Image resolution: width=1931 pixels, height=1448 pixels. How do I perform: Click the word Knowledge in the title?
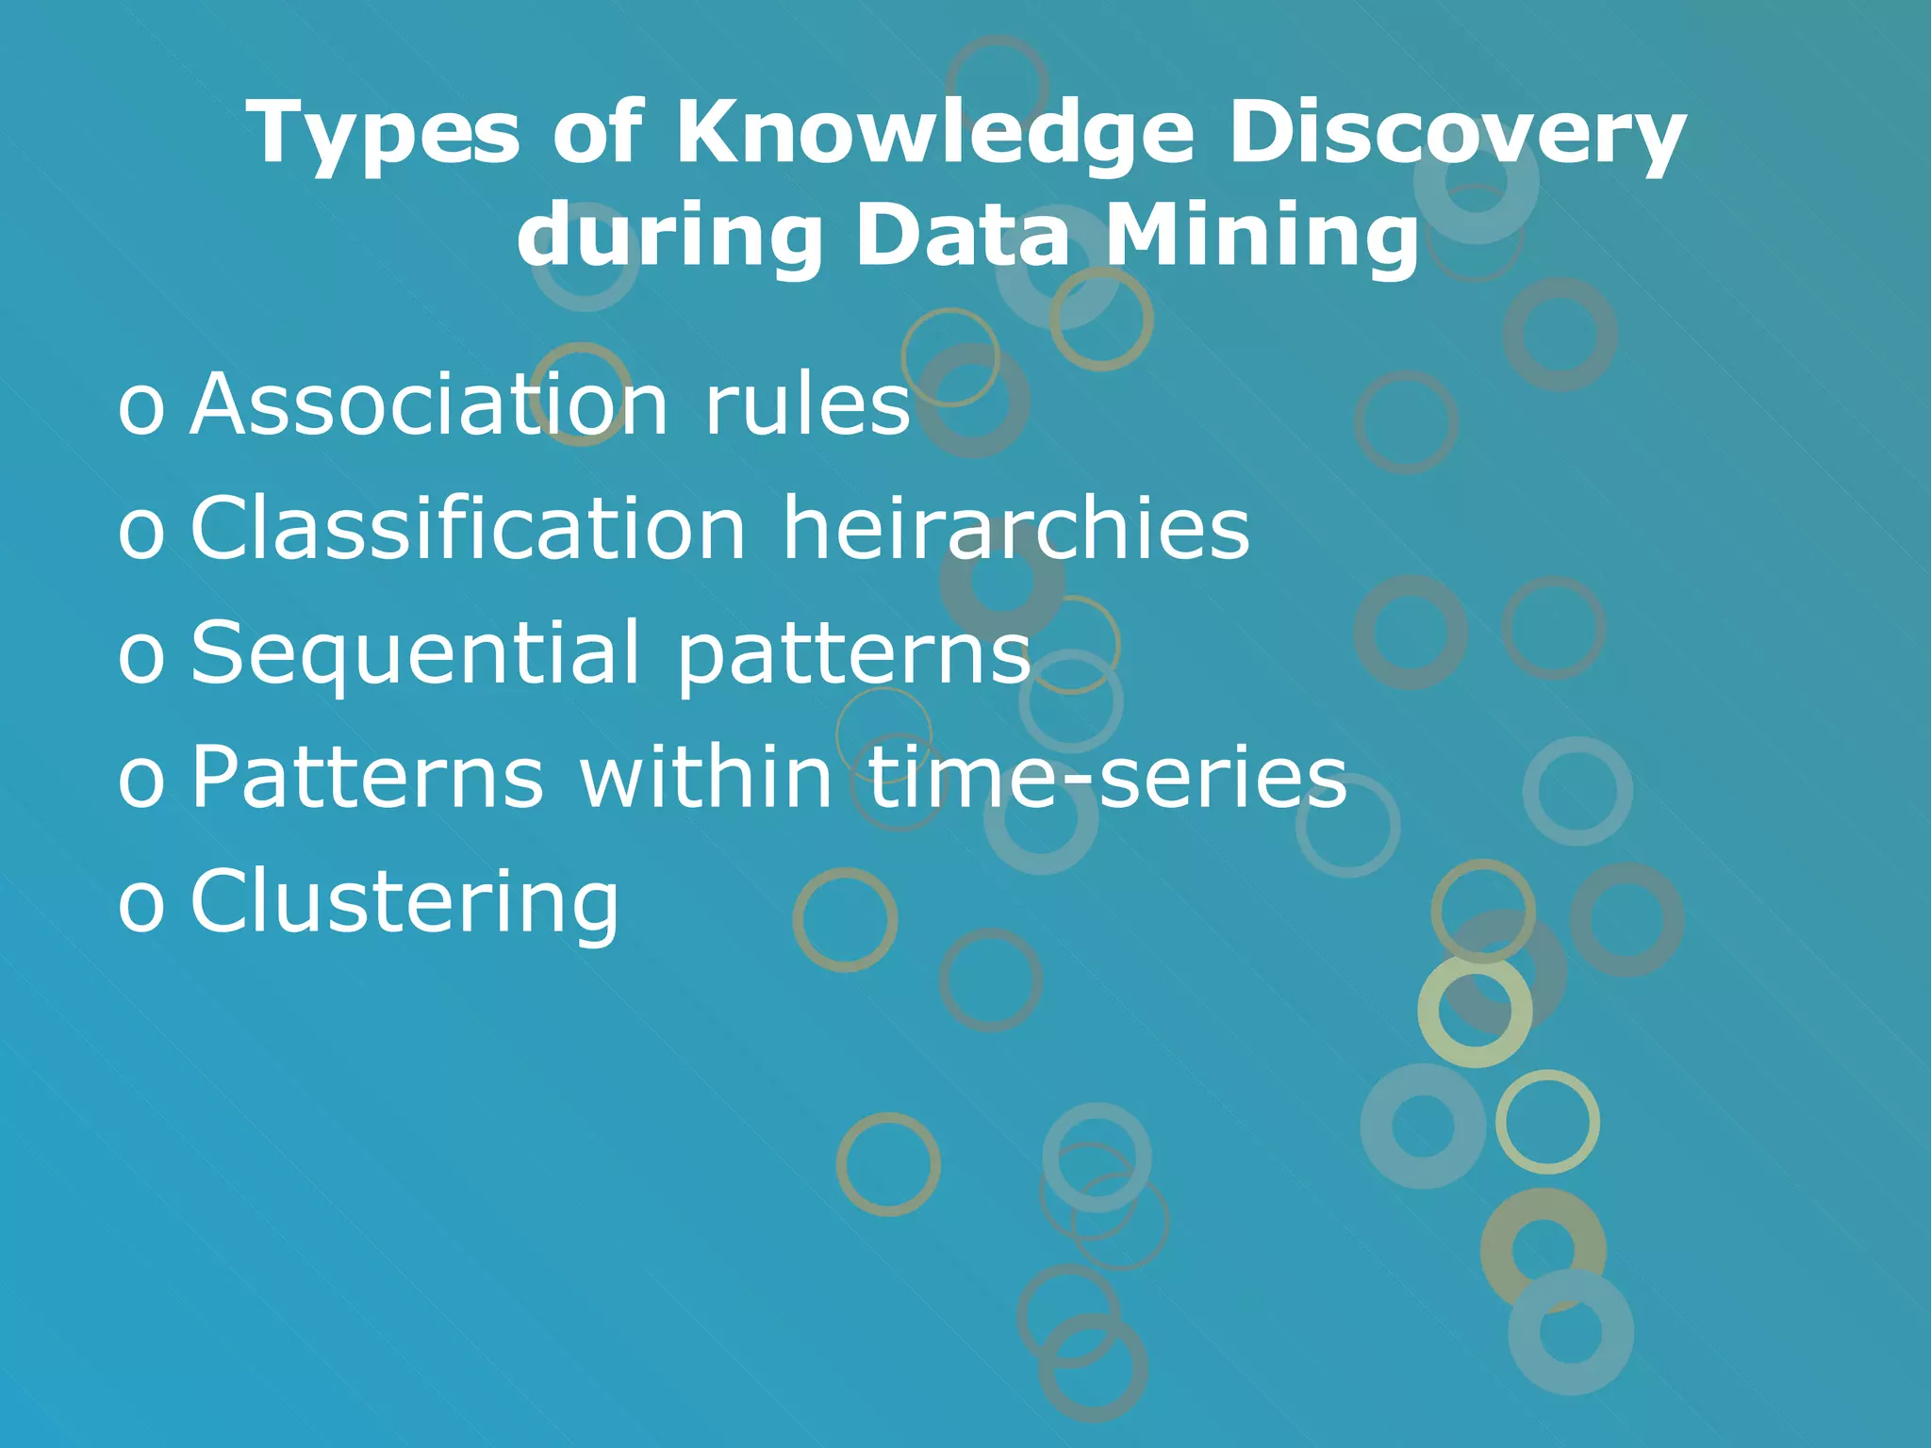click(934, 133)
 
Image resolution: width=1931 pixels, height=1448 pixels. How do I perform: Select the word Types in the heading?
click(383, 133)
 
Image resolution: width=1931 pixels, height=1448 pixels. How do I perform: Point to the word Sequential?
click(416, 652)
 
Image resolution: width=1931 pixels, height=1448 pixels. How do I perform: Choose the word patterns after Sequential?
click(853, 652)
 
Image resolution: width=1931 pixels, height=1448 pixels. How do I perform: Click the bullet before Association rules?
click(140, 409)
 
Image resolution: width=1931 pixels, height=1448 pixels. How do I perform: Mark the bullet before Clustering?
click(140, 907)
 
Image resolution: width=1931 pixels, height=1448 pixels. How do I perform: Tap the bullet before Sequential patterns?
click(140, 658)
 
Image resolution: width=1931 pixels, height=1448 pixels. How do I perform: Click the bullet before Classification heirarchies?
click(140, 534)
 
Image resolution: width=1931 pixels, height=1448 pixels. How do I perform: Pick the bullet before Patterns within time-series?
click(140, 782)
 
